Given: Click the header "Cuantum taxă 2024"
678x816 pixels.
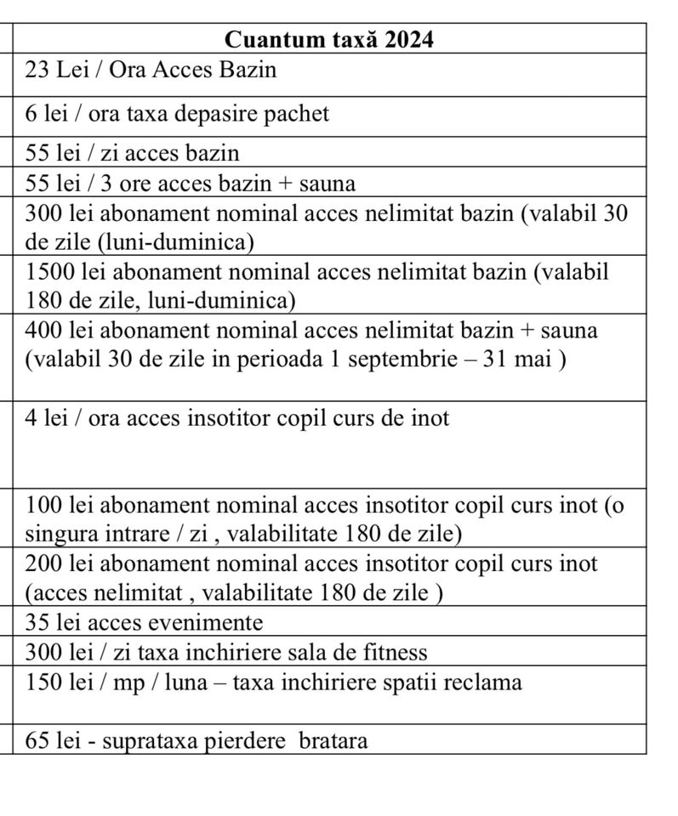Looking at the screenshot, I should (329, 39).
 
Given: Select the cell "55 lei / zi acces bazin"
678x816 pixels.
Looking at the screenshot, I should (133, 153).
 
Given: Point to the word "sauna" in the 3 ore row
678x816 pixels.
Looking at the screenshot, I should (325, 183).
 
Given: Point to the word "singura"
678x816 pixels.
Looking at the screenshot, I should (61, 534).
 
